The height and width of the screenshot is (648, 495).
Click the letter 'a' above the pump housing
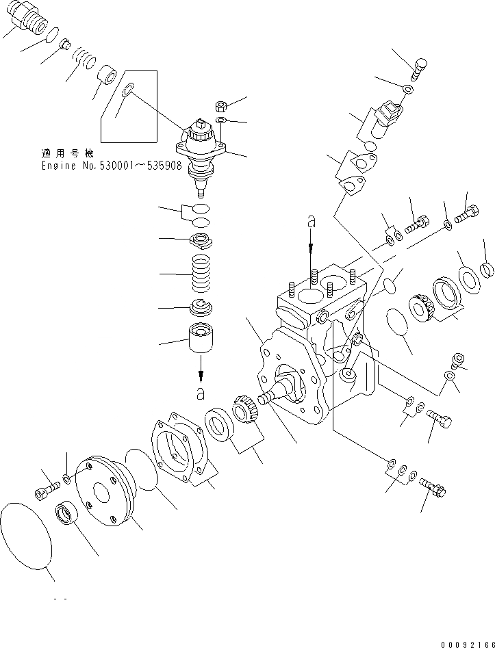pos(312,221)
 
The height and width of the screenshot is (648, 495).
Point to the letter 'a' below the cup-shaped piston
pos(201,393)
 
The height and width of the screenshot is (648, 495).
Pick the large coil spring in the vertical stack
pos(201,273)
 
